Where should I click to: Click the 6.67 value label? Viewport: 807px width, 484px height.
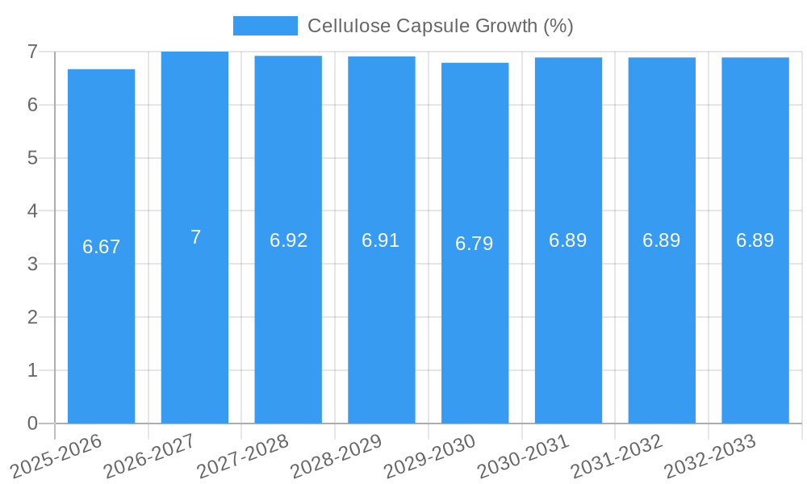[x=102, y=247]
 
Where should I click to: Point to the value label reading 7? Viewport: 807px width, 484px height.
[x=195, y=237]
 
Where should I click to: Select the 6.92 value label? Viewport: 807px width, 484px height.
[x=288, y=240]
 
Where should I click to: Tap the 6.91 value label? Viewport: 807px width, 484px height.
[x=381, y=240]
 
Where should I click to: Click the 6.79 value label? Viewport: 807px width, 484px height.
[x=475, y=244]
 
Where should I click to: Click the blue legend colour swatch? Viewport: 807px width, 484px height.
[x=265, y=26]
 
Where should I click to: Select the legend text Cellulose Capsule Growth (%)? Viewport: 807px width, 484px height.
[x=440, y=26]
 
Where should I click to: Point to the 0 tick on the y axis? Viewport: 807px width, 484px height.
[x=32, y=423]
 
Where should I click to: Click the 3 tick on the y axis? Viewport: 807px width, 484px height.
[x=32, y=264]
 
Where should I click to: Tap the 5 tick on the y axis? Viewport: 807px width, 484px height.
[x=32, y=158]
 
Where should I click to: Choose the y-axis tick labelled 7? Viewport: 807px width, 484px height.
[x=32, y=52]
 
